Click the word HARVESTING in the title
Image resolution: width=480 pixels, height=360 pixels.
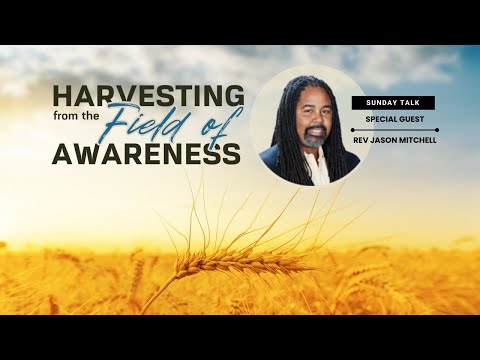tap(148, 97)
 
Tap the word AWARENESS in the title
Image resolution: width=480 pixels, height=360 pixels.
tap(148, 154)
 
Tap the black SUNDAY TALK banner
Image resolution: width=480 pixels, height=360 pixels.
tap(392, 102)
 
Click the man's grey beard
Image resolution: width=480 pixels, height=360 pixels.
tap(313, 140)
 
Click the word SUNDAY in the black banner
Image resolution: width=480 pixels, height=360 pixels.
tap(381, 102)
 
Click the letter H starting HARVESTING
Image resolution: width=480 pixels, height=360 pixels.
tap(62, 97)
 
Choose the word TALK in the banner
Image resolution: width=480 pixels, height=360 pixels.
tap(409, 102)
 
